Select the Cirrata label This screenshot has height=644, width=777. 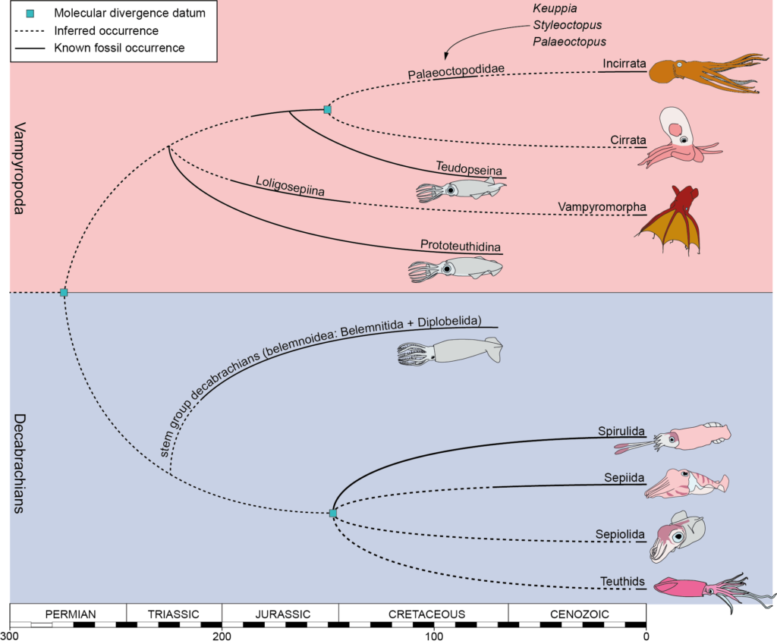pos(628,140)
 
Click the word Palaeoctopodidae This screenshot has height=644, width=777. pos(445,74)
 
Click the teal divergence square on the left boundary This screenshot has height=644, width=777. pos(64,292)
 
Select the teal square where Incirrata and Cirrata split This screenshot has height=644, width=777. pos(327,109)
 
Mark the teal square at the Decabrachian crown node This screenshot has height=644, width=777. pos(332,514)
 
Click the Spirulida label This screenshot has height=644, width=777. pos(621,432)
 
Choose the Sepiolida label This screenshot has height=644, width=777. pos(620,536)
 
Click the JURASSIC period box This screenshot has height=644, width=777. pos(280,613)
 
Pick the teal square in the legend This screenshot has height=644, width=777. pos(30,13)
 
